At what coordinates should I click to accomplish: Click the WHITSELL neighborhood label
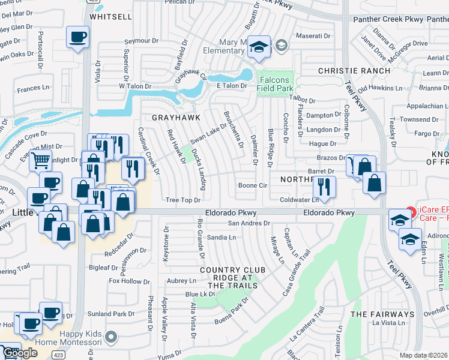[x=110, y=17]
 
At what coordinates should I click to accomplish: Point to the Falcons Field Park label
[x=274, y=85]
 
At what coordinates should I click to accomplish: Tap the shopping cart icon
[x=40, y=161]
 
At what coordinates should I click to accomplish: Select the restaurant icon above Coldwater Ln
[x=324, y=186]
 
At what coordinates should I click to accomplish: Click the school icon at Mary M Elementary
[x=259, y=47]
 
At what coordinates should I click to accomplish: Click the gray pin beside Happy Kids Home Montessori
[x=110, y=337]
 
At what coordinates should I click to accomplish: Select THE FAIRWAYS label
[x=382, y=314]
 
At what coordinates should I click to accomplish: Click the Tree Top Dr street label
[x=182, y=200]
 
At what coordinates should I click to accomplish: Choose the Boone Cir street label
[x=252, y=185]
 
